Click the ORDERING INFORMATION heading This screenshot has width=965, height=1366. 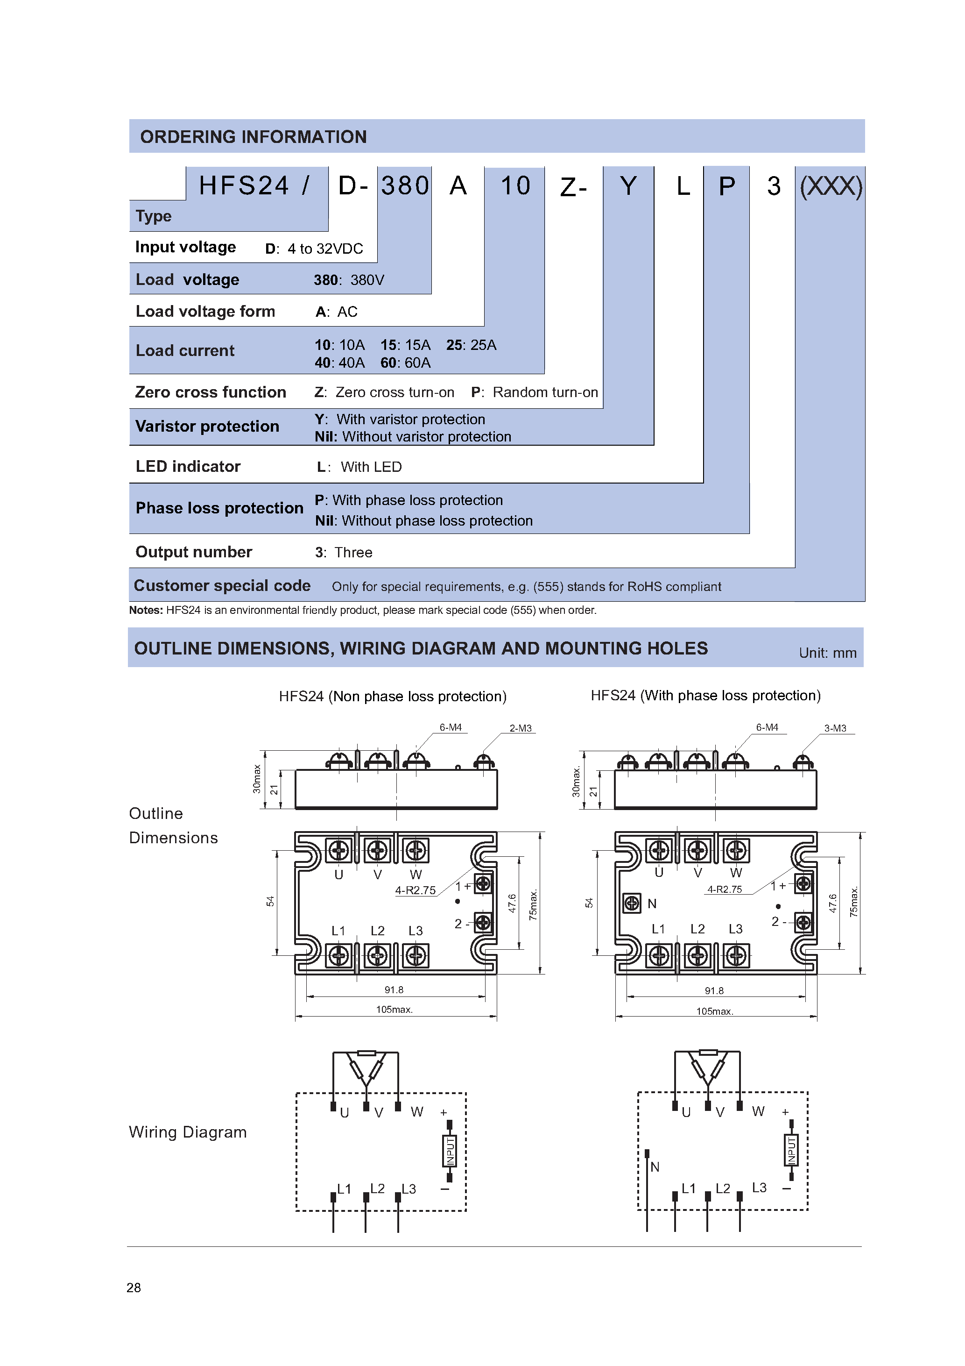(x=254, y=137)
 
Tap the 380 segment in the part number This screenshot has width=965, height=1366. (x=405, y=185)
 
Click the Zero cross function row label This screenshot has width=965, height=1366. (x=211, y=392)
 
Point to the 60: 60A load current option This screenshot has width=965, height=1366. (x=406, y=363)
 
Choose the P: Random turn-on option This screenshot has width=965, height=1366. (x=534, y=392)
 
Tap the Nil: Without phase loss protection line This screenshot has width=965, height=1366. (x=423, y=520)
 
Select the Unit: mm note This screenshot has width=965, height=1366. (x=827, y=653)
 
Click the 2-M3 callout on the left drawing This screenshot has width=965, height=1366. (x=520, y=728)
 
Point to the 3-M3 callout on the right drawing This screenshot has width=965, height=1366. (x=835, y=728)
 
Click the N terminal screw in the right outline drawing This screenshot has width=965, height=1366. (x=632, y=903)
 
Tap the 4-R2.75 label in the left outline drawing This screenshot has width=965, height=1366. (x=415, y=890)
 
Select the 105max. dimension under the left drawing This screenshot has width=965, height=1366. (x=394, y=1010)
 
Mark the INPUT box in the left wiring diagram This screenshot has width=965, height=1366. (x=450, y=1150)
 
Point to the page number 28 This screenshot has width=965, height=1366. (x=134, y=1288)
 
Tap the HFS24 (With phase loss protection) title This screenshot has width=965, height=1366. (x=705, y=696)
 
